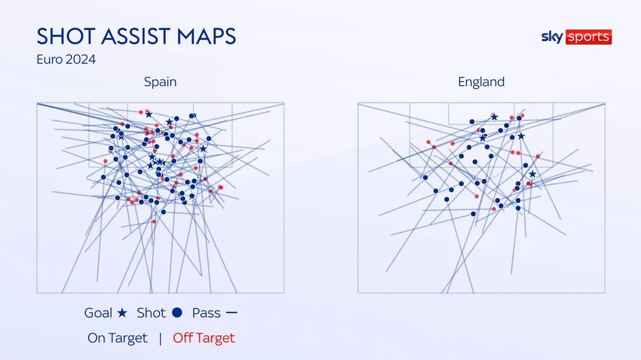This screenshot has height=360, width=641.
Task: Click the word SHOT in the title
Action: click(65, 36)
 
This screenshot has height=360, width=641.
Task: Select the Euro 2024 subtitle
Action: click(67, 60)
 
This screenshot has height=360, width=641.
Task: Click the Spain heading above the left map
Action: click(160, 82)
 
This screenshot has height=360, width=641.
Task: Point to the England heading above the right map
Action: click(481, 82)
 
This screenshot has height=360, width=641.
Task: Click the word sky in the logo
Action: click(551, 37)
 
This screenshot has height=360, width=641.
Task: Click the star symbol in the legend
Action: click(123, 313)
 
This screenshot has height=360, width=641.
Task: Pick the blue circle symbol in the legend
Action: click(178, 313)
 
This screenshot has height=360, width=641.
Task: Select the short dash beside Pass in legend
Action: click(231, 313)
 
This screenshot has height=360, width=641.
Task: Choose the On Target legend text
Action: click(117, 338)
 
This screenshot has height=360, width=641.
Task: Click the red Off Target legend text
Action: click(204, 338)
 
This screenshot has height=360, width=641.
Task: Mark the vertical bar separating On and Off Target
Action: click(160, 338)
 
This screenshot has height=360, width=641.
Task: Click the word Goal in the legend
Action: click(99, 313)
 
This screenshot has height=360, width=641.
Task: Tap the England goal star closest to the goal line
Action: click(494, 117)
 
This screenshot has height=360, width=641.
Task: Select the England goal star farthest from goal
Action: click(532, 174)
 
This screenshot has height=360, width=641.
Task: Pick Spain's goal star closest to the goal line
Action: click(149, 114)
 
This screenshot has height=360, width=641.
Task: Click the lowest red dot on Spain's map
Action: click(154, 222)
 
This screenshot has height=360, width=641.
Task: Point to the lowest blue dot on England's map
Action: click(473, 214)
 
